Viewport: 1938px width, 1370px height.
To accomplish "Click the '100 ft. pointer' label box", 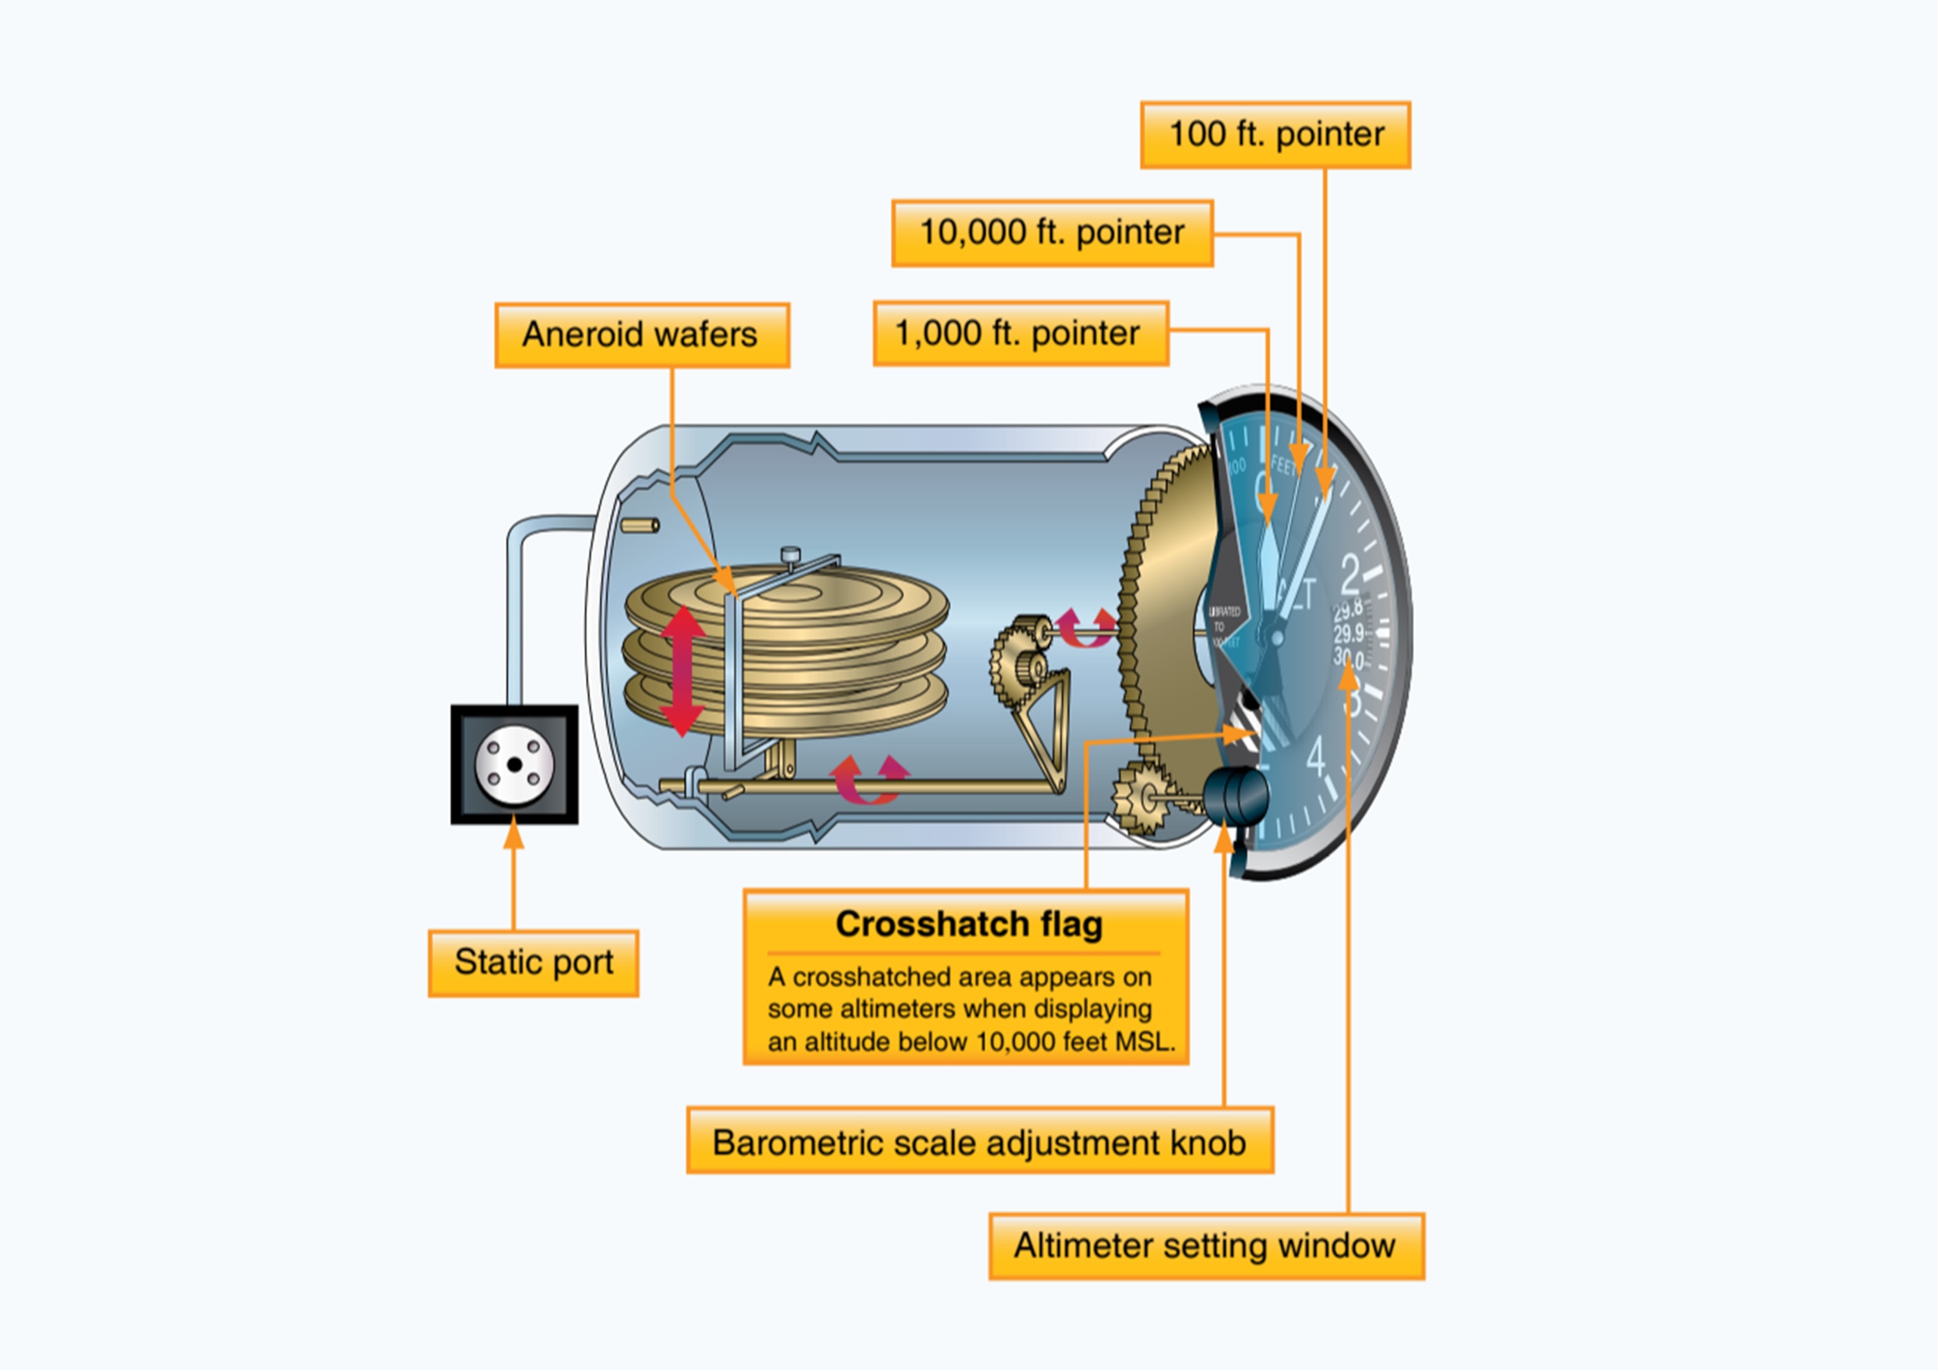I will click(x=1274, y=135).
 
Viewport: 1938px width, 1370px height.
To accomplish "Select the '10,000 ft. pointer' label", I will click(x=1052, y=233).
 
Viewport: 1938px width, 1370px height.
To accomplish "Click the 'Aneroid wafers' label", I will click(x=641, y=335).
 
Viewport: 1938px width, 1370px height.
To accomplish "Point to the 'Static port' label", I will click(x=533, y=963).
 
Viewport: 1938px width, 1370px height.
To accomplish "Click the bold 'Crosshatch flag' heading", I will click(x=968, y=923).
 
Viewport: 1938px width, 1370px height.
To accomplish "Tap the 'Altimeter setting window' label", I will click(x=1205, y=1246).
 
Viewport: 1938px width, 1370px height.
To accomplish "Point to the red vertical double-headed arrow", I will click(x=682, y=671).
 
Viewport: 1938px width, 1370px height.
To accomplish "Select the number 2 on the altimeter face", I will click(x=1351, y=576).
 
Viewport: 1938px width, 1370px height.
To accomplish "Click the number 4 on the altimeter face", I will click(x=1316, y=757).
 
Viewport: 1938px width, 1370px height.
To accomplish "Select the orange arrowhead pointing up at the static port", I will click(x=513, y=834).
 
